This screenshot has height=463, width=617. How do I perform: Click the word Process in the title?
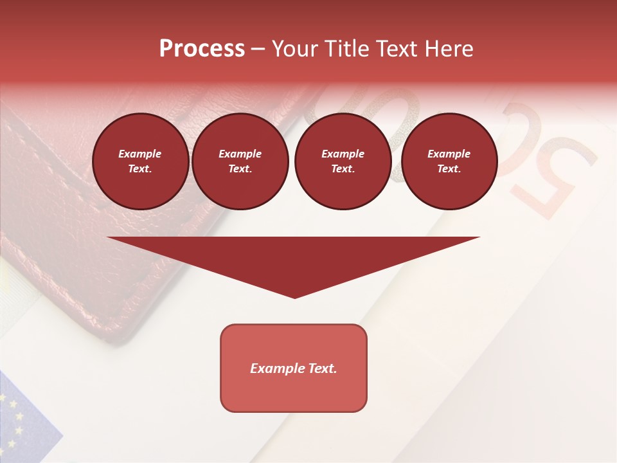(202, 49)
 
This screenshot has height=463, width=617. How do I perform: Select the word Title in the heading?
(348, 49)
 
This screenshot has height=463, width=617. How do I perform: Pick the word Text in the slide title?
(396, 49)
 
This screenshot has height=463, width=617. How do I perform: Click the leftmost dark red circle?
(141, 161)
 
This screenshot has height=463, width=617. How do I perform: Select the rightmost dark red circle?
(449, 161)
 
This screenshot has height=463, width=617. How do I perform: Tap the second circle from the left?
(240, 161)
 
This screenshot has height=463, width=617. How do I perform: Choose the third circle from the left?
(343, 161)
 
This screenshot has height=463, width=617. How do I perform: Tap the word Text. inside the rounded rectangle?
(321, 368)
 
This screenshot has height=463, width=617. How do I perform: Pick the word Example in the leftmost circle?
(140, 154)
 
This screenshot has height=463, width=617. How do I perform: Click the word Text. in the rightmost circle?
(449, 169)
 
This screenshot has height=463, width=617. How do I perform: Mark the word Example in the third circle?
(343, 154)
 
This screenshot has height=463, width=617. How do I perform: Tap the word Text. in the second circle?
(240, 169)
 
